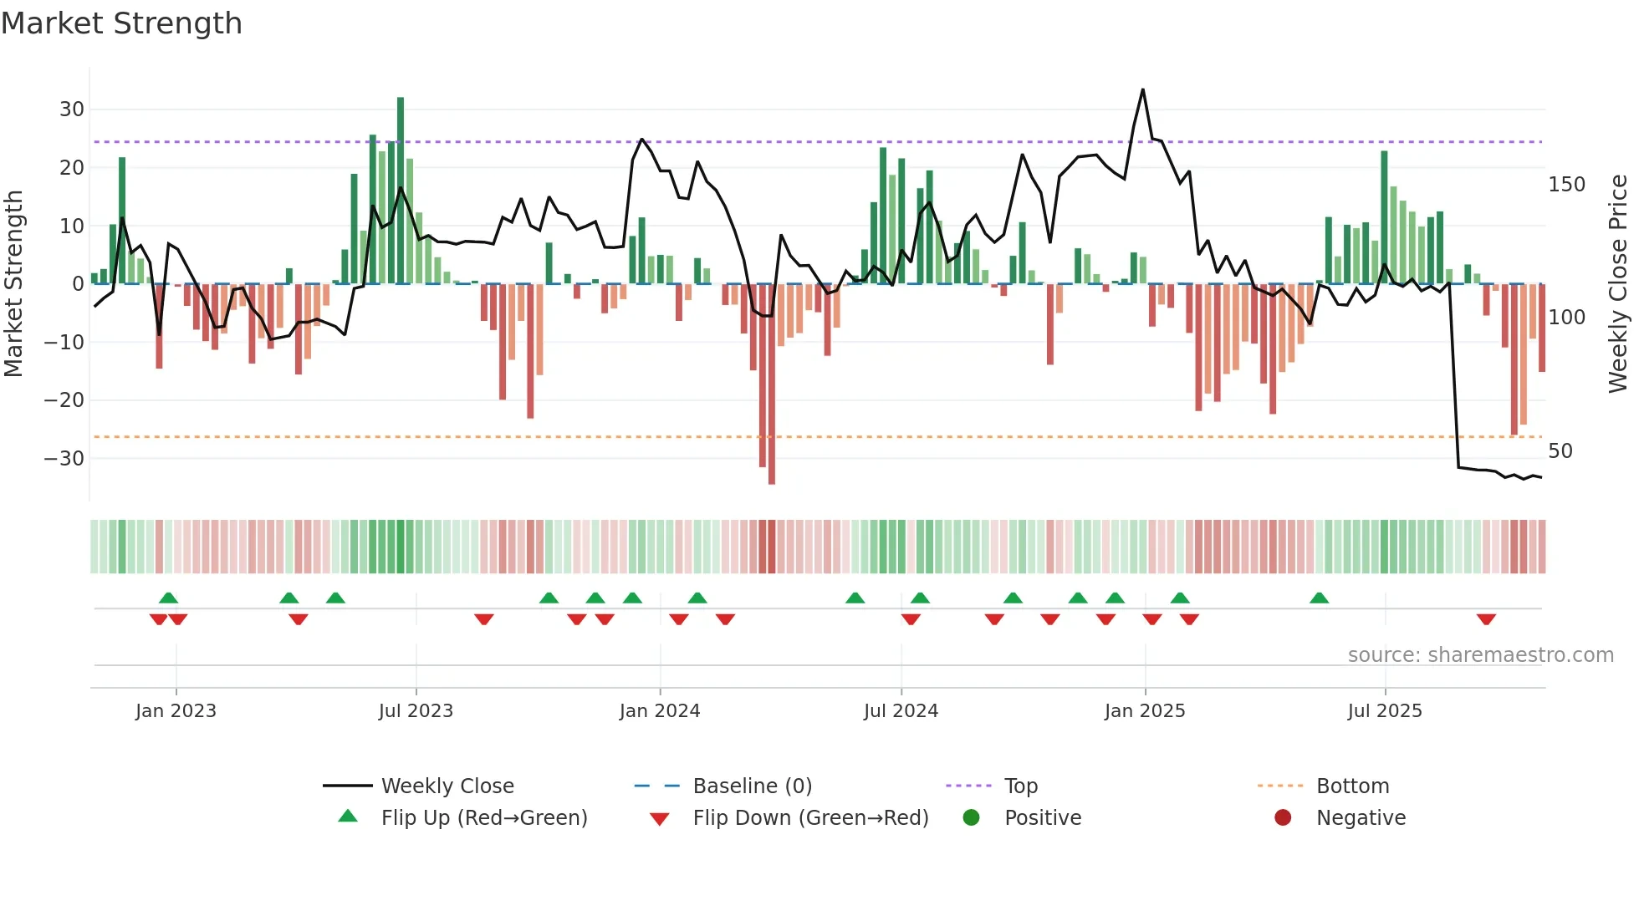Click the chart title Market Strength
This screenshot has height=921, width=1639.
tap(121, 23)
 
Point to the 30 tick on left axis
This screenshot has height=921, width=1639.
tap(71, 109)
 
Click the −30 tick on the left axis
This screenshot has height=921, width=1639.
tap(64, 459)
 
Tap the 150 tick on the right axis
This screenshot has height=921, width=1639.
tap(1566, 185)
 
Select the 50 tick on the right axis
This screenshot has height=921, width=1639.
tap(1560, 451)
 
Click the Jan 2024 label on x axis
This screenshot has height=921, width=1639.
tap(660, 711)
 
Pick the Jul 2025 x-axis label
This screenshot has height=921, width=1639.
tap(1385, 711)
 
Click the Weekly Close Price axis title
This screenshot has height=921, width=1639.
tap(1618, 284)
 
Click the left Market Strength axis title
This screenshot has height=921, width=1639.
tap(13, 284)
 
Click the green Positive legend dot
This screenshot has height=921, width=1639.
tap(971, 817)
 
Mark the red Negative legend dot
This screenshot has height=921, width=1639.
tap(1283, 817)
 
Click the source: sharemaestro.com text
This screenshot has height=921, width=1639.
tap(1480, 655)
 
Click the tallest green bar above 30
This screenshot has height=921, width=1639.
tap(401, 167)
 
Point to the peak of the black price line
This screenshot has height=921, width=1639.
tap(1143, 90)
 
